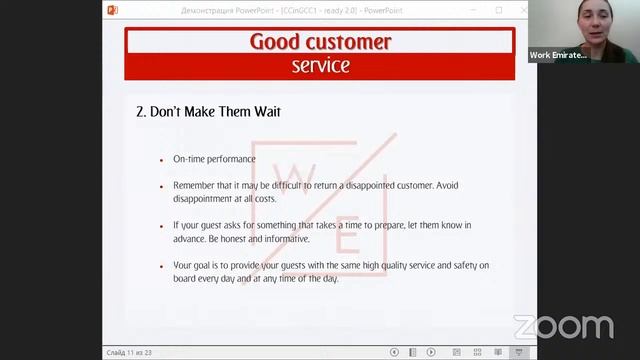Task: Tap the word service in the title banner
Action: tap(320, 66)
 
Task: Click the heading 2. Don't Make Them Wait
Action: tap(208, 112)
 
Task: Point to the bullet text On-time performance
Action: tap(214, 159)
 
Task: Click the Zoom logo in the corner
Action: tap(563, 327)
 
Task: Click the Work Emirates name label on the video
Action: tap(558, 56)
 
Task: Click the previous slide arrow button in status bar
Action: tap(395, 352)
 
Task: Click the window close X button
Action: tap(522, 9)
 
